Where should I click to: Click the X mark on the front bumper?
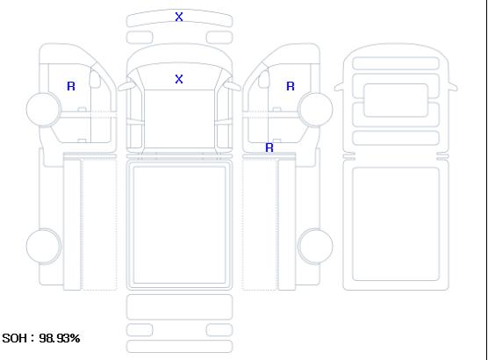(179, 17)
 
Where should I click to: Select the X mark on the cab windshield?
(179, 79)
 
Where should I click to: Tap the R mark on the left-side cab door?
(71, 86)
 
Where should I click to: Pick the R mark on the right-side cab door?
(291, 86)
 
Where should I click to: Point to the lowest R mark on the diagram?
(269, 148)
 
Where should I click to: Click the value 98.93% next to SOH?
(60, 338)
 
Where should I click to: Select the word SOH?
(14, 338)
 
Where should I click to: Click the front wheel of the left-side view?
(44, 109)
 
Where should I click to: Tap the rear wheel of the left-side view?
(44, 246)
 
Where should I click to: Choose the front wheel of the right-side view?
(315, 109)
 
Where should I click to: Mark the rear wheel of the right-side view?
(315, 246)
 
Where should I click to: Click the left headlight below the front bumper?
(140, 38)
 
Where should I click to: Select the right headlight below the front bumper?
(219, 38)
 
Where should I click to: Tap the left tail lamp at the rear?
(140, 330)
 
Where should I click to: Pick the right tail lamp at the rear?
(219, 330)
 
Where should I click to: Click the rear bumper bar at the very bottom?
(179, 347)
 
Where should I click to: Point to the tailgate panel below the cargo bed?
(179, 306)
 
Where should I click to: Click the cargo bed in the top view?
(179, 226)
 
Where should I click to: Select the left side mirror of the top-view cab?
(126, 86)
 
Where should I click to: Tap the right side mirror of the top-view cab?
(233, 86)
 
